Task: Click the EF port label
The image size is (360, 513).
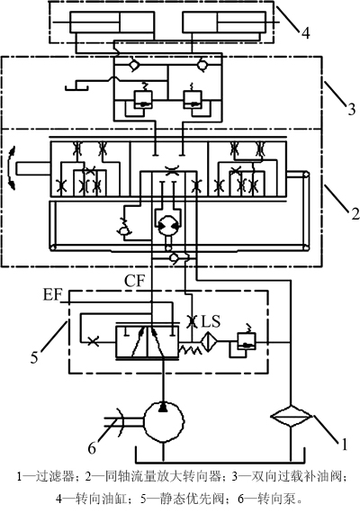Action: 53,295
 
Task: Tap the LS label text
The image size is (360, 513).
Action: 211,321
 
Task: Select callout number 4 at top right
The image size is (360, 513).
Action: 305,33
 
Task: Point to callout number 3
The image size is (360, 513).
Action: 352,109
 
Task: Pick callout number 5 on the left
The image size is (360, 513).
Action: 34,357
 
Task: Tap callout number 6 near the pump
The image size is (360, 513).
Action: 92,448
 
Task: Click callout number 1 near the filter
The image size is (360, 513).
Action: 343,445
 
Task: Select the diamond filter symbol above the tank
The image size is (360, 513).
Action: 291,416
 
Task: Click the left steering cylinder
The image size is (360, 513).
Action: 112,22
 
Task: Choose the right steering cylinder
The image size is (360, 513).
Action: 224,22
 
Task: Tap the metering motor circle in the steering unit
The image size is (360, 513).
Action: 167,226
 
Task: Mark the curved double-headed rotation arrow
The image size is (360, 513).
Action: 12,167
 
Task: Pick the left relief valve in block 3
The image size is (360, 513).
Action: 143,100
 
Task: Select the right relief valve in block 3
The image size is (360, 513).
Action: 192,100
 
